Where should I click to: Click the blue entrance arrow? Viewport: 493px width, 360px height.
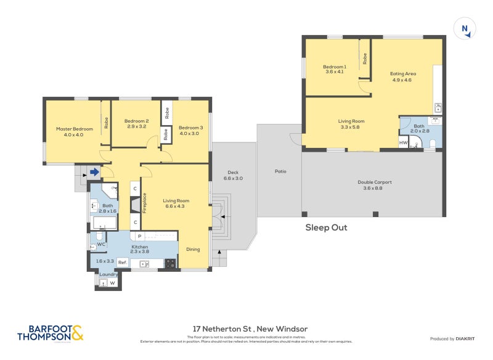click(x=94, y=173)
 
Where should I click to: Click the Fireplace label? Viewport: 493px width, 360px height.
click(x=144, y=203)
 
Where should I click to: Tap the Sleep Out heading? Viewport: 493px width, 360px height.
click(x=326, y=227)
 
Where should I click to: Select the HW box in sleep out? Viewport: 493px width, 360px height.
click(x=403, y=143)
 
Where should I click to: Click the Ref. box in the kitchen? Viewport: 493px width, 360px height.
click(x=122, y=263)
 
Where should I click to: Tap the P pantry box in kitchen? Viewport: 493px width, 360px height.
click(x=140, y=236)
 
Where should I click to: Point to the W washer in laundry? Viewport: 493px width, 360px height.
click(x=112, y=283)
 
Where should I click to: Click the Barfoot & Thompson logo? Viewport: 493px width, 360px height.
click(x=50, y=333)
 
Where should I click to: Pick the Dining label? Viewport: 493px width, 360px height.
click(x=194, y=249)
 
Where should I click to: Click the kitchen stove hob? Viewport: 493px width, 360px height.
click(x=170, y=263)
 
